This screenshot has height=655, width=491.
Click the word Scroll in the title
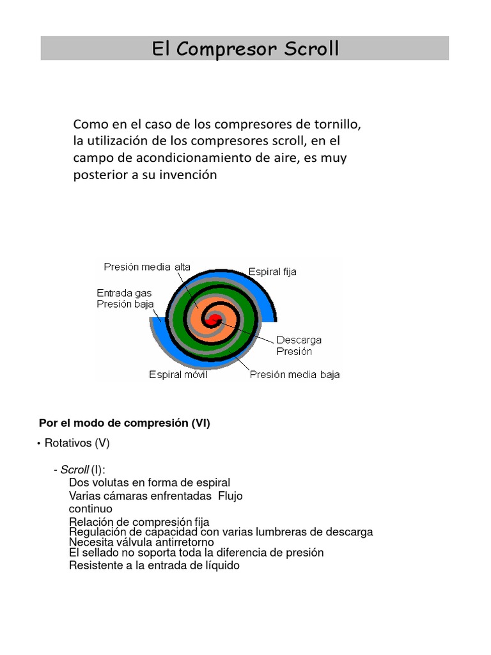click(x=309, y=49)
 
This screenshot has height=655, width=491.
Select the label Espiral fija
click(x=272, y=272)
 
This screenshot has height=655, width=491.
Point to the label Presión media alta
click(x=147, y=267)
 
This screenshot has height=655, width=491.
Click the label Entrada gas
click(x=124, y=292)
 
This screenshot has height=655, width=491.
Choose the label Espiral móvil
click(x=178, y=375)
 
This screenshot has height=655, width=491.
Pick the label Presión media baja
click(x=295, y=375)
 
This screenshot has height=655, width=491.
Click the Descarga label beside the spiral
click(x=299, y=339)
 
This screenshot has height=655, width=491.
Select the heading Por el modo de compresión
click(x=125, y=423)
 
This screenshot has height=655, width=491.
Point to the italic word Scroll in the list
click(x=74, y=470)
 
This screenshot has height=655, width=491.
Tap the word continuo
click(x=90, y=509)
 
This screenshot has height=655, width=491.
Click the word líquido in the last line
click(x=220, y=565)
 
